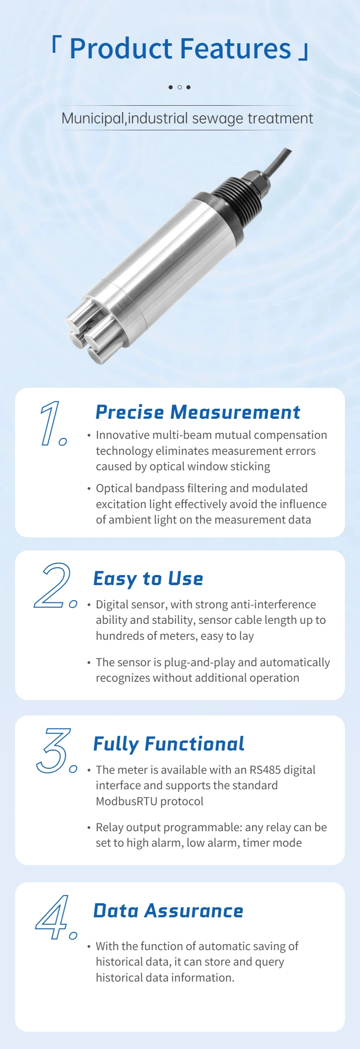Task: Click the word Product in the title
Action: [121, 49]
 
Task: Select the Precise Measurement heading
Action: [197, 412]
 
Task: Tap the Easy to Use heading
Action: [148, 578]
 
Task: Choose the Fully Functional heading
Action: [169, 744]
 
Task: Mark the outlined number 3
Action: [53, 750]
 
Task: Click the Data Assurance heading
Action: [168, 910]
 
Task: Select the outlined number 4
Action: [52, 917]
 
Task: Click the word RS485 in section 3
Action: [265, 770]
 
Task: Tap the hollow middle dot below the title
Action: [180, 87]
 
